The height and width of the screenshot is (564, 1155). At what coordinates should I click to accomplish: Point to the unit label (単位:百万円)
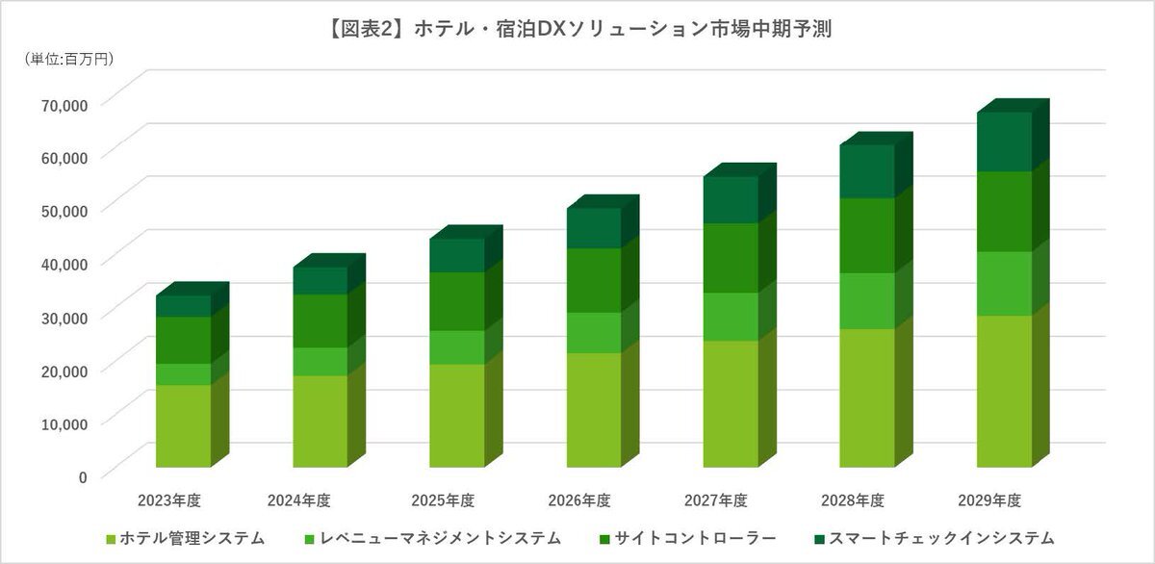pyautogui.click(x=68, y=60)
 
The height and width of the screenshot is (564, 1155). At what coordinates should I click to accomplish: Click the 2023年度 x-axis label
pyautogui.click(x=169, y=500)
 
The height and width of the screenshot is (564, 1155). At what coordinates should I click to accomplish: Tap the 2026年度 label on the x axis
pyautogui.click(x=579, y=500)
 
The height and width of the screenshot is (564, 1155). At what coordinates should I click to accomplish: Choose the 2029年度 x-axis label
pyautogui.click(x=989, y=500)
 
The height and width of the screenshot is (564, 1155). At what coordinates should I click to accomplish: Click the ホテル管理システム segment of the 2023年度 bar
pyautogui.click(x=183, y=425)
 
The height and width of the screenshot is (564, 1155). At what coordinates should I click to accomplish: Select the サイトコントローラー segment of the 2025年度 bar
pyautogui.click(x=456, y=300)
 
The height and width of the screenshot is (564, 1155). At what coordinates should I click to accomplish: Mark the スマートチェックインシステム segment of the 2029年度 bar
pyautogui.click(x=1004, y=141)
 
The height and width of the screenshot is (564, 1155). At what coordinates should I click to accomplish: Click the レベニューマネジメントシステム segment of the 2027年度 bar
pyautogui.click(x=730, y=316)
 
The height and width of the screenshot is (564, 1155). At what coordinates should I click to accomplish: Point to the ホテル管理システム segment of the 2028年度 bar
pyautogui.click(x=867, y=397)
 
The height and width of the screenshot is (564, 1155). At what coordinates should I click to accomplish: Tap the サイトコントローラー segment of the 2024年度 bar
pyautogui.click(x=320, y=320)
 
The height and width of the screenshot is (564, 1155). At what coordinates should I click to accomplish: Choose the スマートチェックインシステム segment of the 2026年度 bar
pyautogui.click(x=593, y=228)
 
